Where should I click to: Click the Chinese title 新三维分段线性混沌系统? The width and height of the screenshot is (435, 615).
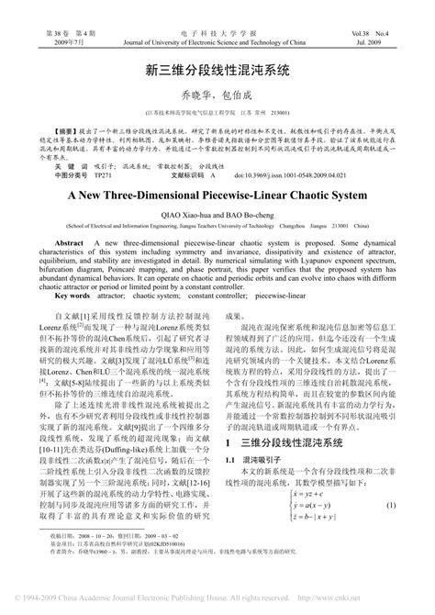pos(217,69)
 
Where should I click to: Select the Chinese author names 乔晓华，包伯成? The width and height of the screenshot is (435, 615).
pos(217,93)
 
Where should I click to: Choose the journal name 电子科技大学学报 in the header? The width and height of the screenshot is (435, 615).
pos(217,33)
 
